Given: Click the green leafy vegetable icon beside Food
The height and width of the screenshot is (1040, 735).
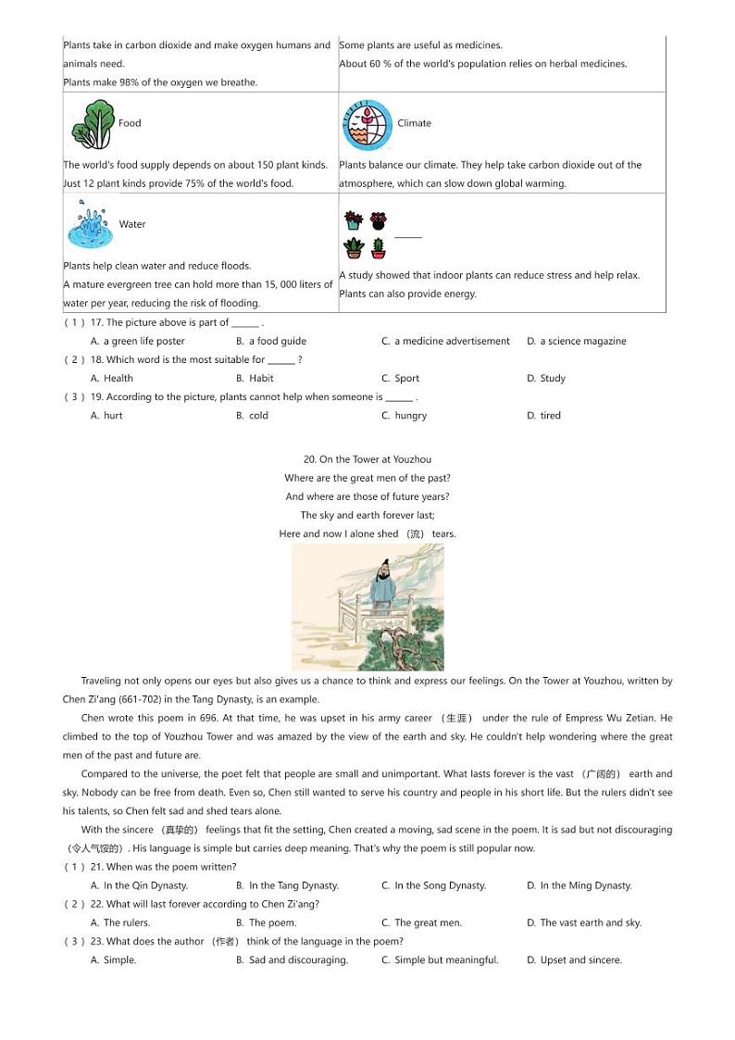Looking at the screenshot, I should coord(91,124).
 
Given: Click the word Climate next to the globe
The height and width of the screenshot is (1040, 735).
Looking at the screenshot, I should coord(414,123).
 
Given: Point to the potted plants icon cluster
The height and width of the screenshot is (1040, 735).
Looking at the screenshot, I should coord(366,234).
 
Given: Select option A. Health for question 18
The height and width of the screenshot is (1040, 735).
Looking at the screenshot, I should coord(112,378).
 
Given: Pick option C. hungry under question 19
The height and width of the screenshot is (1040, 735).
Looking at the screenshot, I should coord(405,416).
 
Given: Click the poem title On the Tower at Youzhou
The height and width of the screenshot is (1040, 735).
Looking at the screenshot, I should coord(367,459).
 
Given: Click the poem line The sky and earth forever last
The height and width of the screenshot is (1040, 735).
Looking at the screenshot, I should coord(367,515).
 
